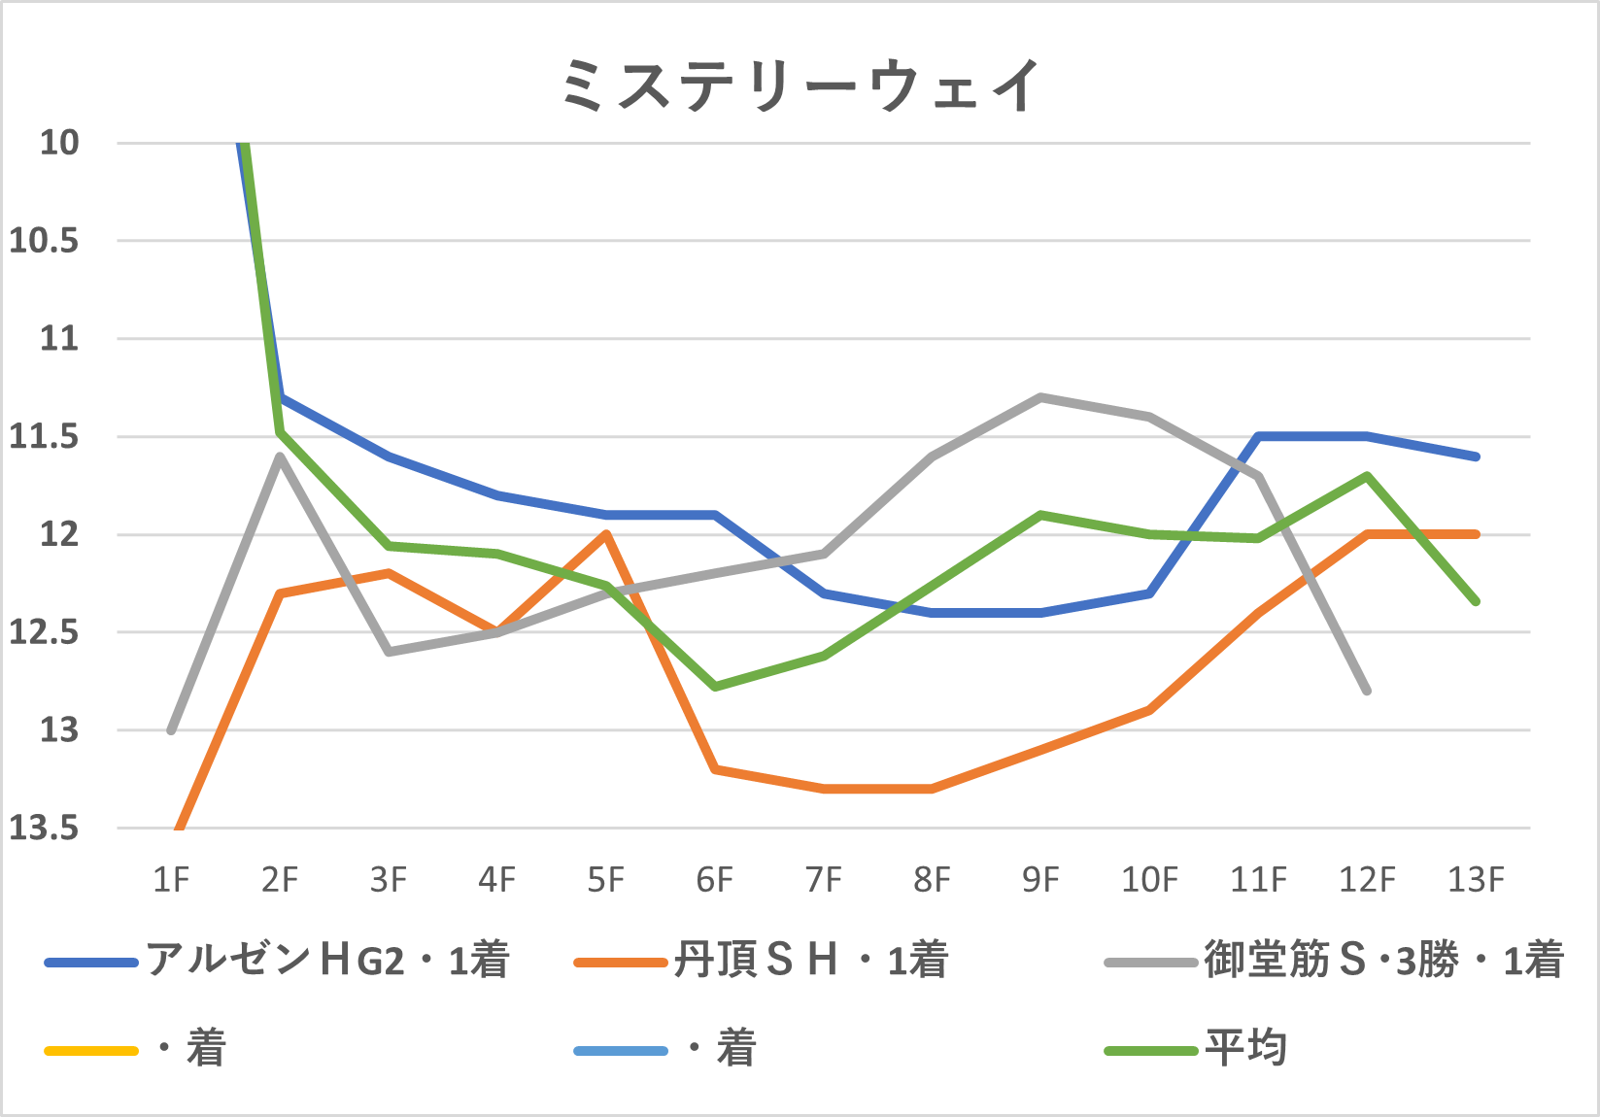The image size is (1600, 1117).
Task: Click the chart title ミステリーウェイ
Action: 800,85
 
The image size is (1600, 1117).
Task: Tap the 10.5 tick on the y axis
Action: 44,241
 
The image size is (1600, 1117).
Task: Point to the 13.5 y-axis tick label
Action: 44,829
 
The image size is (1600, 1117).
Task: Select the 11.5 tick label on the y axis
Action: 44,437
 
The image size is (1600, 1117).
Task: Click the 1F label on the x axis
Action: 171,880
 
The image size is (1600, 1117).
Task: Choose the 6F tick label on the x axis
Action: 715,880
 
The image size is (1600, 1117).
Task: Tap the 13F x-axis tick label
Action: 1476,880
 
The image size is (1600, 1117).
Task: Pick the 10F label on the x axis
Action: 1149,880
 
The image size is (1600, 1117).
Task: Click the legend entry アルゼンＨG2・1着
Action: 327,961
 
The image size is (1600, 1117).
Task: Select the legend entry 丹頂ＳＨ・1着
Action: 810,961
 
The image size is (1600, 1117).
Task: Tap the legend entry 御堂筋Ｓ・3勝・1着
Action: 1383,961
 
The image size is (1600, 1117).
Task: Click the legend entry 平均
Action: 1246,1049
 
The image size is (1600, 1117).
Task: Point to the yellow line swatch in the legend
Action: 91,1051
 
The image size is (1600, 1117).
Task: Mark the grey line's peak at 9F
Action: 1040,397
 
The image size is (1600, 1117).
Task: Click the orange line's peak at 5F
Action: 606,534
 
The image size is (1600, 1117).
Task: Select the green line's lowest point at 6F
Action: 715,687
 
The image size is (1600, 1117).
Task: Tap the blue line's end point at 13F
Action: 1476,457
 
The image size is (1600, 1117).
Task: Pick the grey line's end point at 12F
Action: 1367,691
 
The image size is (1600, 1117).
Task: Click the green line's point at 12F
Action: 1367,476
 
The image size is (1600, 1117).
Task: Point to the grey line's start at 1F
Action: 171,730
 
